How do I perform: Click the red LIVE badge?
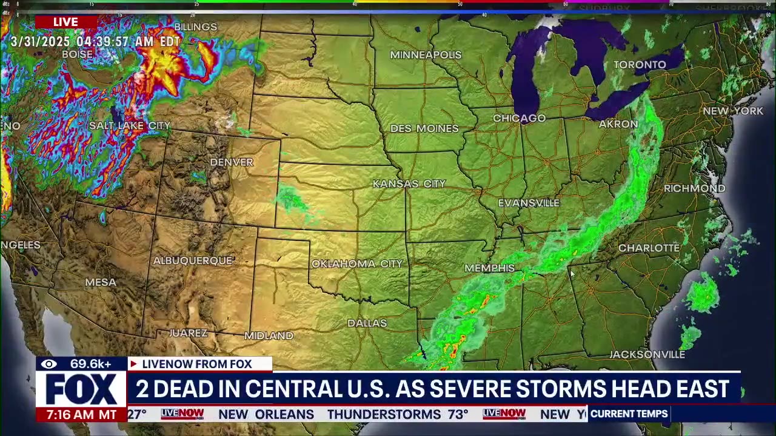65,22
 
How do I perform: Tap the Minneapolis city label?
426,55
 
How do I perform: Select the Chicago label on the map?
519,118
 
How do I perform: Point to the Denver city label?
231,162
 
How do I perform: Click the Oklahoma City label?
356,264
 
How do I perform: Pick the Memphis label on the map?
489,268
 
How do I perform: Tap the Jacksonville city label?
647,354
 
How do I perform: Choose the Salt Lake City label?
130,126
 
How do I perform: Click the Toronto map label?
640,65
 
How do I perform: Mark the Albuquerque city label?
193,261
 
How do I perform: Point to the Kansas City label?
409,183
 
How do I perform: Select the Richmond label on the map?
694,188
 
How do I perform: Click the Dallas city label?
367,323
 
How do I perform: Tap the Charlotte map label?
649,248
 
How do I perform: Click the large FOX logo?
81,389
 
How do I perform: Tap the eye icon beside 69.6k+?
49,364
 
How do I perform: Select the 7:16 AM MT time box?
81,415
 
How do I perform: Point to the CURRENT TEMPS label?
629,414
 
